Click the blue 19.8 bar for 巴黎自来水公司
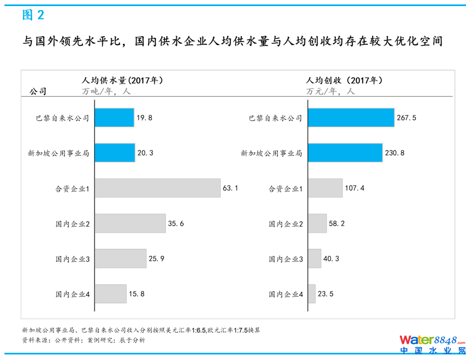[x=115, y=118]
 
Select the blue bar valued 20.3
[x=115, y=153]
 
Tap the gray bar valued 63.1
[x=157, y=188]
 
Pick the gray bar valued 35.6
[x=130, y=223]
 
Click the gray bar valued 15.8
[x=111, y=294]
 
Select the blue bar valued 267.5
[x=351, y=118]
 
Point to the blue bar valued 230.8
[x=345, y=153]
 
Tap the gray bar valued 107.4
[x=325, y=188]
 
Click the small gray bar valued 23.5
[x=312, y=294]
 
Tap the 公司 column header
[x=38, y=92]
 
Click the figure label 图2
[x=33, y=15]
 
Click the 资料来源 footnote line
[x=83, y=340]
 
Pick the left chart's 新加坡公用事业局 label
[x=58, y=153]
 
